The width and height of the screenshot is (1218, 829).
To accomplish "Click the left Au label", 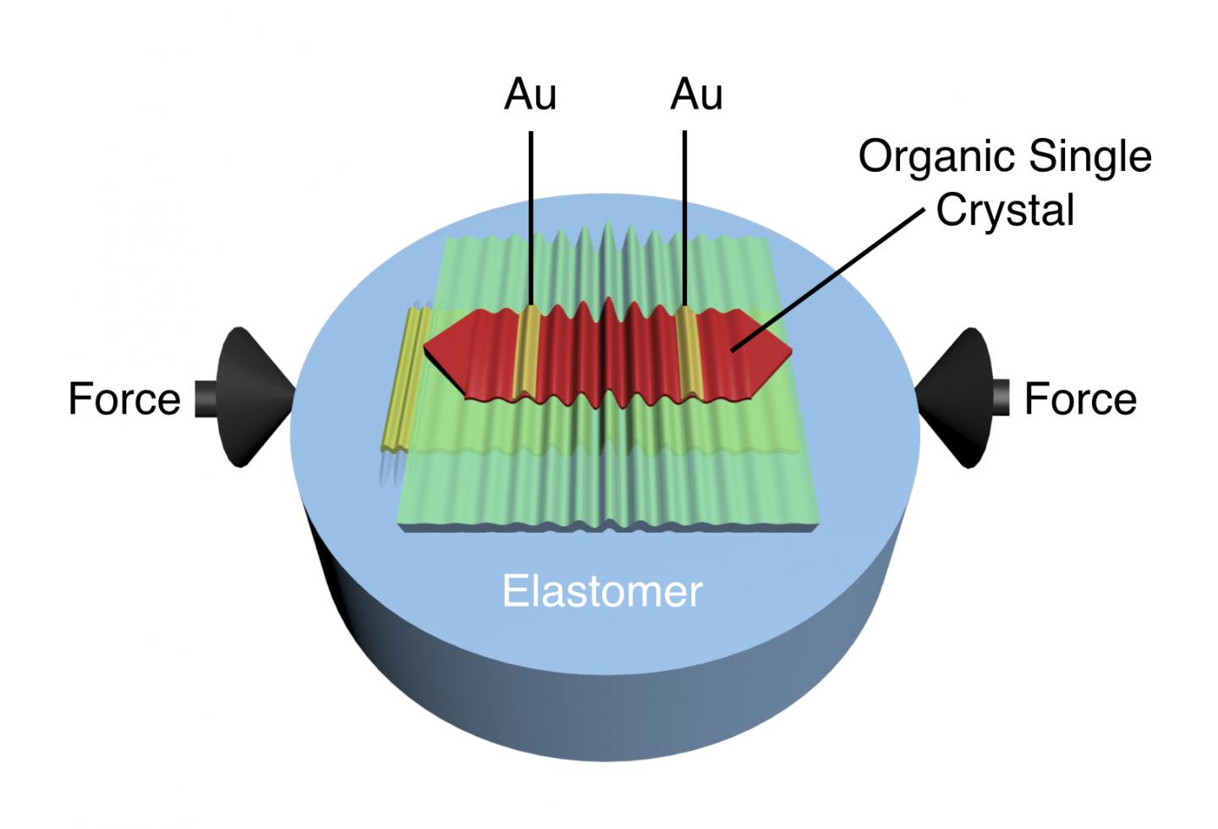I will click(530, 95).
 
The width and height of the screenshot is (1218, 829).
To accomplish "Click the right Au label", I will click(696, 95).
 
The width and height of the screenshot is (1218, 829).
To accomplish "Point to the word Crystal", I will click(1005, 211).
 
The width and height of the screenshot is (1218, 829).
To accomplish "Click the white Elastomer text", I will click(602, 591).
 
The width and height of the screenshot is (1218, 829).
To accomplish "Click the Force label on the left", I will click(124, 398).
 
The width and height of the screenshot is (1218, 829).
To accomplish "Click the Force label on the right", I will click(1080, 398).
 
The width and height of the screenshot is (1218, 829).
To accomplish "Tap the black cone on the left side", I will click(250, 398).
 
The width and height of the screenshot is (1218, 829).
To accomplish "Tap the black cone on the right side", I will click(956, 398).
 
